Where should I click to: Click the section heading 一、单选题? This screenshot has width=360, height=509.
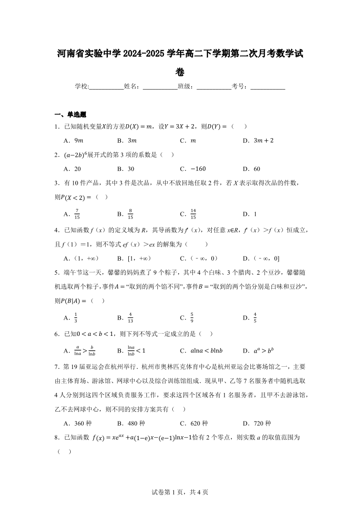(70, 114)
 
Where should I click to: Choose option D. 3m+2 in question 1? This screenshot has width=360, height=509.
(258, 141)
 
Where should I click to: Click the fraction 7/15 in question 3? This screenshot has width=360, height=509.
(78, 214)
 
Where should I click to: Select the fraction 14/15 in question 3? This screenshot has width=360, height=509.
(193, 214)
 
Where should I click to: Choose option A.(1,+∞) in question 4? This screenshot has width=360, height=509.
(81, 258)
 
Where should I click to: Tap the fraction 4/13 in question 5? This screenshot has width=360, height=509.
(130, 317)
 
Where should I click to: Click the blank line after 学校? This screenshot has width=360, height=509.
(106, 87)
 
